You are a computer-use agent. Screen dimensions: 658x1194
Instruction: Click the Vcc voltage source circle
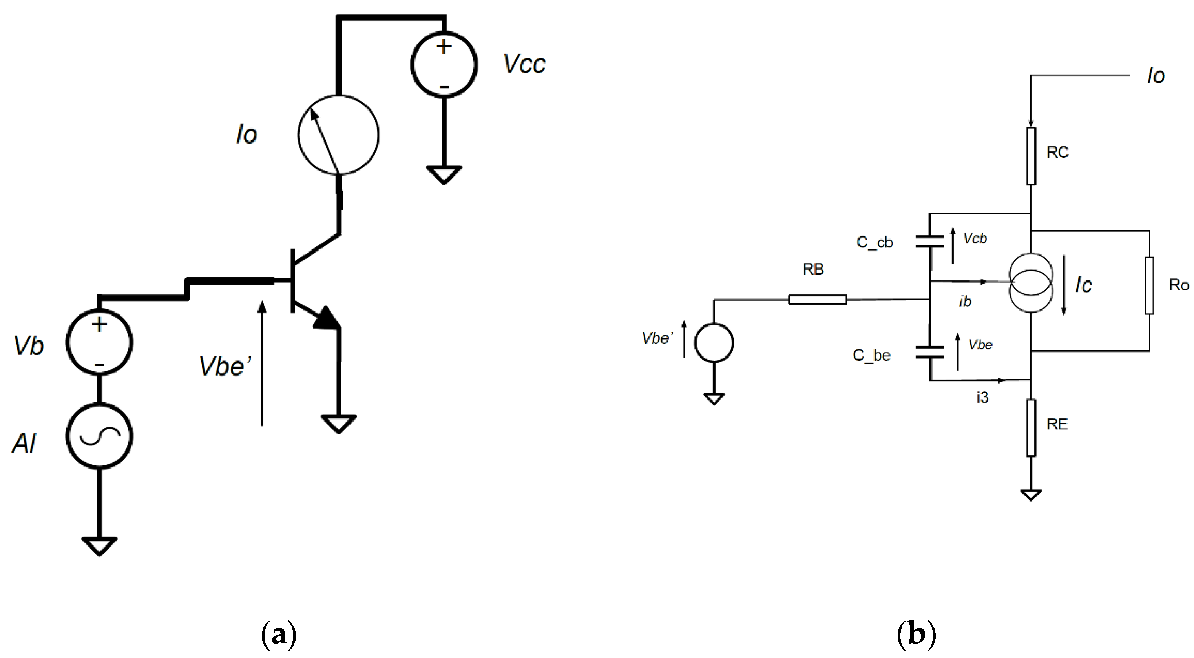[x=444, y=65]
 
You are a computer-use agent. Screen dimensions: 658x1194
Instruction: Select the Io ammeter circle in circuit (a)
[x=338, y=135]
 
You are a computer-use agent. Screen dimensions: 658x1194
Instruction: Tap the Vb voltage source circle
[x=99, y=342]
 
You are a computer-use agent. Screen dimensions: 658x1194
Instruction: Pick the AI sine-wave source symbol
[x=99, y=436]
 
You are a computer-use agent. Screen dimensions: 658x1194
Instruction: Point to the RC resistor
[x=1031, y=156]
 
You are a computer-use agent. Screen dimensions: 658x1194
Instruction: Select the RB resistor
[x=817, y=300]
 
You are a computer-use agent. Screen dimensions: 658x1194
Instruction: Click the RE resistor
[x=1031, y=427]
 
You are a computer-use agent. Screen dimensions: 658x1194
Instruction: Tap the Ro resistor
[x=1149, y=286]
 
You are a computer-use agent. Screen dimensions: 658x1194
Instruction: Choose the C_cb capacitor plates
[x=930, y=241]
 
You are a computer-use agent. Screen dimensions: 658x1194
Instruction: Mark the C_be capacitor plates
[x=930, y=352]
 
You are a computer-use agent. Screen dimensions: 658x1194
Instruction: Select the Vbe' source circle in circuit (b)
[x=714, y=343]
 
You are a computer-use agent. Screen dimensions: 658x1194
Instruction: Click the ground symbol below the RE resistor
[x=1031, y=495]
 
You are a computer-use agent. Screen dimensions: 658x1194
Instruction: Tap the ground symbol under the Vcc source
[x=444, y=175]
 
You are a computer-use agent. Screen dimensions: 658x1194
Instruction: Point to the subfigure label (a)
[x=279, y=635]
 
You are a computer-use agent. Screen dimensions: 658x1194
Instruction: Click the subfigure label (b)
[x=916, y=635]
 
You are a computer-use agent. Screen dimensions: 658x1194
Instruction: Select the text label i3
[x=982, y=397]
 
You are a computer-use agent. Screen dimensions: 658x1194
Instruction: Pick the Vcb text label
[x=975, y=238]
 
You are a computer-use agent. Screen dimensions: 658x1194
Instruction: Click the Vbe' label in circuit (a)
[x=225, y=366]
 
